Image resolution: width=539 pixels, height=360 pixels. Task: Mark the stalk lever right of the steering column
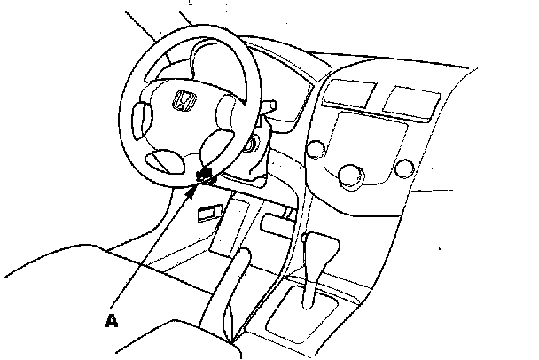[271, 110]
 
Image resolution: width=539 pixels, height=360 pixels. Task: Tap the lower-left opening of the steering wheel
[163, 160]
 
